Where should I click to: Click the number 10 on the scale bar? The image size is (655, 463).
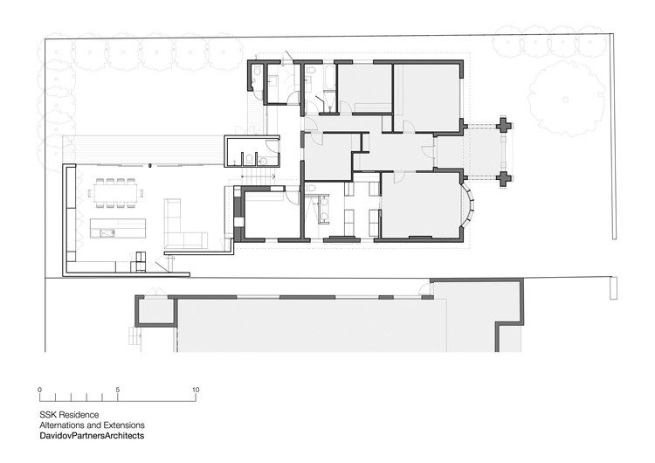(196, 390)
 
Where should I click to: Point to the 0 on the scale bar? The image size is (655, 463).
(40, 390)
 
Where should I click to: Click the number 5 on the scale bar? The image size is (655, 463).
(118, 390)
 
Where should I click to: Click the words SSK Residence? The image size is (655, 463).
(69, 414)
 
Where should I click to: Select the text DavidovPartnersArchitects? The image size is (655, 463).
(92, 435)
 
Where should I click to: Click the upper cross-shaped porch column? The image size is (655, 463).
(504, 126)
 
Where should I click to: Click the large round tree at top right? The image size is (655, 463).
(568, 91)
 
